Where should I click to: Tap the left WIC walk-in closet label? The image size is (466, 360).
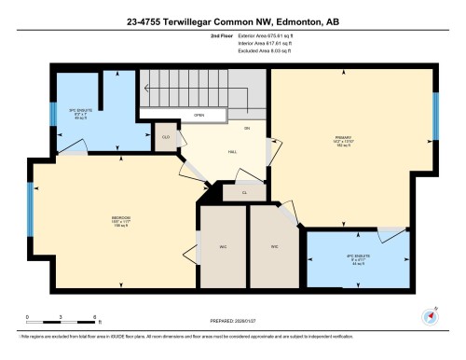(x=225, y=247)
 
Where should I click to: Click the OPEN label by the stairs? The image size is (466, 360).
(x=199, y=116)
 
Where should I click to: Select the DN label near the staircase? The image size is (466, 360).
(x=247, y=128)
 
